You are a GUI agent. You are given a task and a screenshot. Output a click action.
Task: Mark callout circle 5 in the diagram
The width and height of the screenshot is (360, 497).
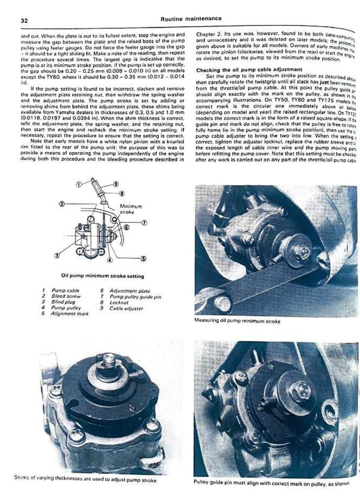tap(143, 259)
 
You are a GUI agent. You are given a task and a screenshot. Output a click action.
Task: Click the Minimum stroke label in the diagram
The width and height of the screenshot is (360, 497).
tap(130, 209)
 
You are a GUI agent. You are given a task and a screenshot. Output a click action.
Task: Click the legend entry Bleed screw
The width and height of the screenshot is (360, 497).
tap(55, 295)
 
